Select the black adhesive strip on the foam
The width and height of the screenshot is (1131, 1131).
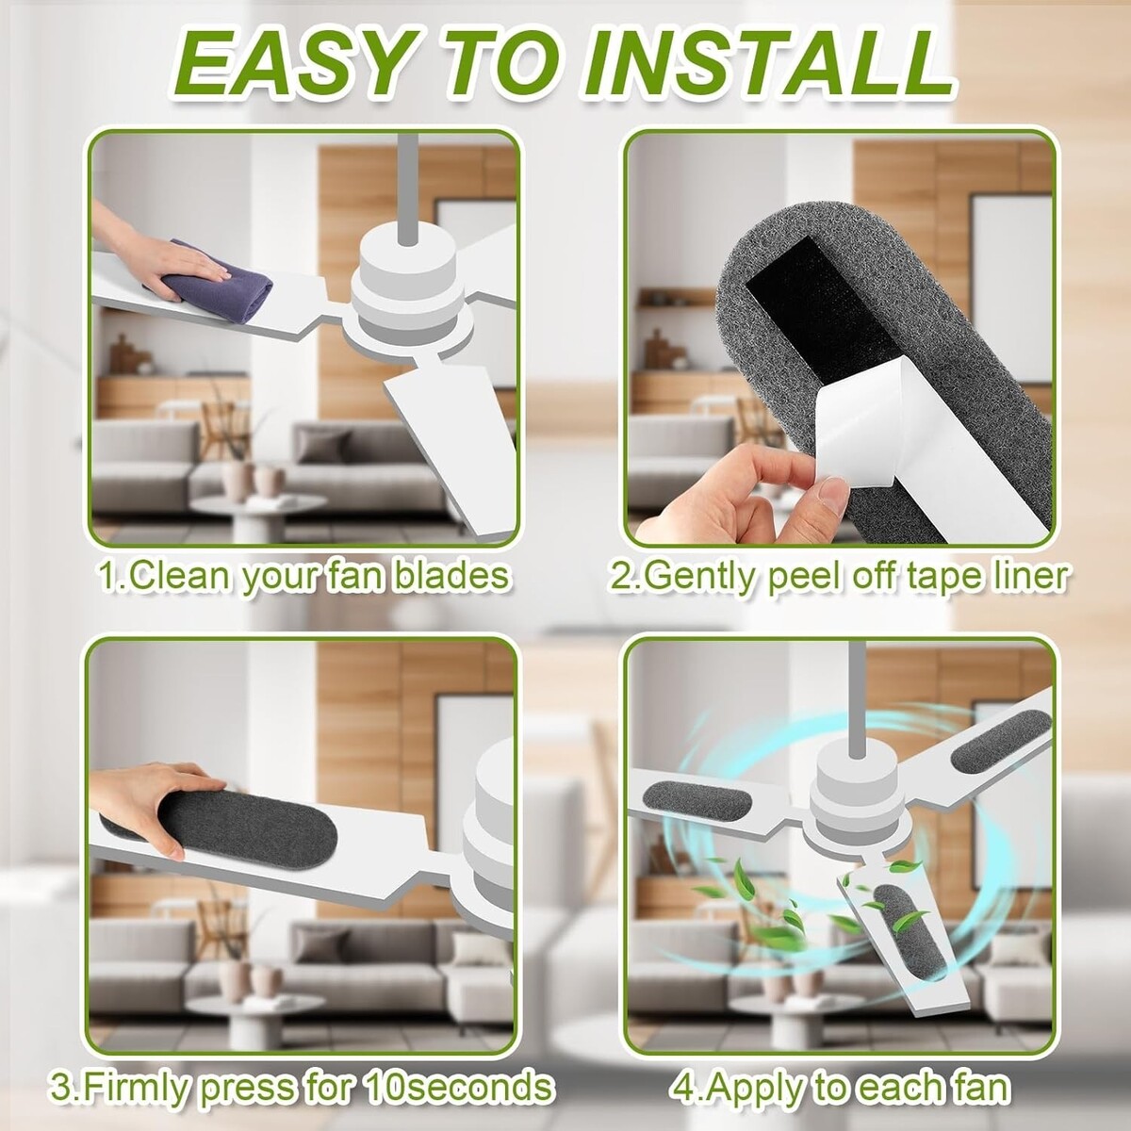pyautogui.click(x=822, y=300)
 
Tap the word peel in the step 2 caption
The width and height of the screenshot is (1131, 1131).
pyautogui.click(x=806, y=578)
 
